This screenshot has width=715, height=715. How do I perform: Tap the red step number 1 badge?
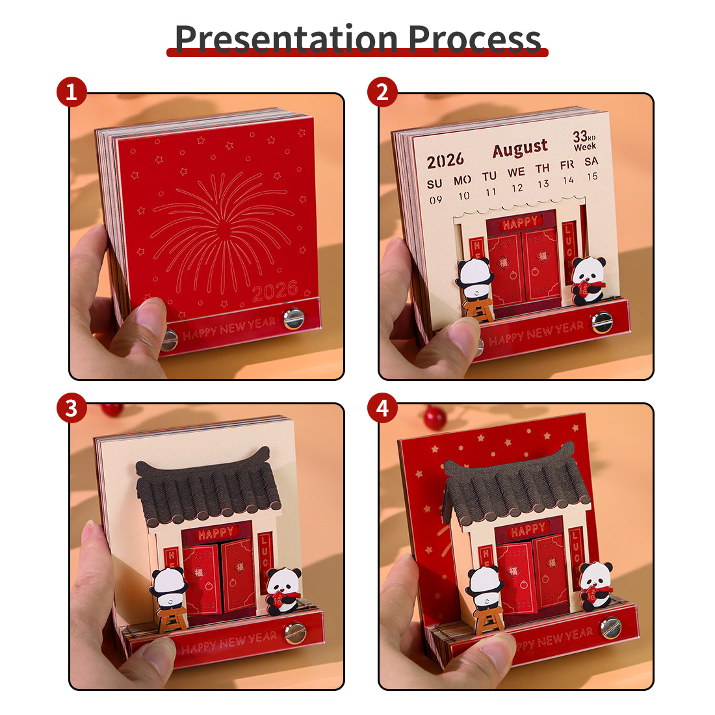click(71, 92)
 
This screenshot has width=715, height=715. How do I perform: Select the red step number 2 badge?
click(382, 92)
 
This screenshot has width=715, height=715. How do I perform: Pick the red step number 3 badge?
click(71, 408)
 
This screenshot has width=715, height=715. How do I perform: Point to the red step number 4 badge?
click(382, 408)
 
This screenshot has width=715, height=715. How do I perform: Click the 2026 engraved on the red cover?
click(274, 291)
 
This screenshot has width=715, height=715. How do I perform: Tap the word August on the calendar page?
click(520, 149)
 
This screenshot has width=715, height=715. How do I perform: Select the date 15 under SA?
click(592, 176)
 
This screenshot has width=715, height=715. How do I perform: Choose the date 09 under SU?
click(435, 200)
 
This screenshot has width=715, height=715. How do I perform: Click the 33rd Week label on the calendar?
click(584, 140)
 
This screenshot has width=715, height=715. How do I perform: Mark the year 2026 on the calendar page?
click(445, 159)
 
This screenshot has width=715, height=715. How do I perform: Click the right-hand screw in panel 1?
click(293, 318)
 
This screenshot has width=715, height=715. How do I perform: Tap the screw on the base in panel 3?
click(296, 632)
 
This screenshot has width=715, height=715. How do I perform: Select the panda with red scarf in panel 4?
click(595, 585)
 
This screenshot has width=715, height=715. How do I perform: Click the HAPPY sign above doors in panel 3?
click(215, 534)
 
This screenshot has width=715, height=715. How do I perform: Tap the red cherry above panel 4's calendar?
click(435, 417)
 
